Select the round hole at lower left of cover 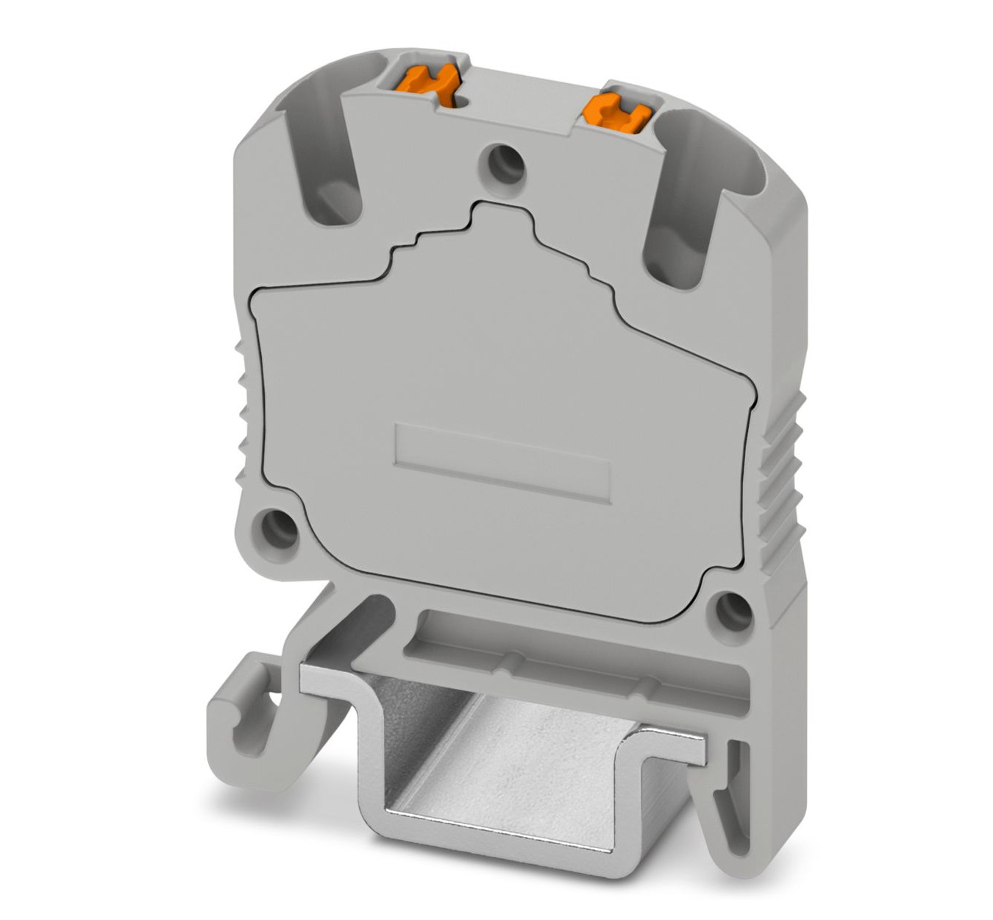click(x=277, y=527)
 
